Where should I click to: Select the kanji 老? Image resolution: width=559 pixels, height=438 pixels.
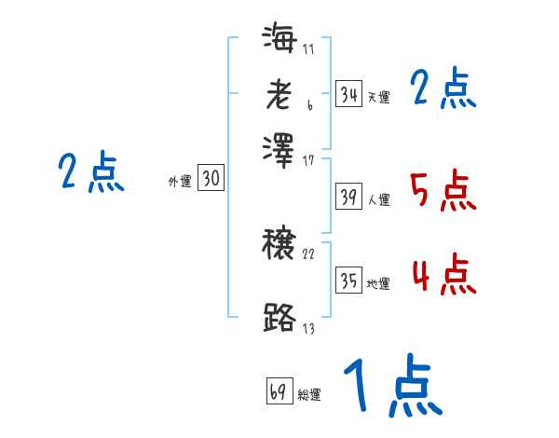(x=279, y=94)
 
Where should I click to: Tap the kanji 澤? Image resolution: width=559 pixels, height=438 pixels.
(x=279, y=146)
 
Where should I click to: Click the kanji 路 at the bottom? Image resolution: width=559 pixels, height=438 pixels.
(x=279, y=317)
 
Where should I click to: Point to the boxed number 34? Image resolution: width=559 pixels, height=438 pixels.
(x=348, y=93)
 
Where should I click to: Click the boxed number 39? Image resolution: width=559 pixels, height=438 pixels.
(x=348, y=197)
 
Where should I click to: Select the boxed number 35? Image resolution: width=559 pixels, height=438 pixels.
(x=348, y=281)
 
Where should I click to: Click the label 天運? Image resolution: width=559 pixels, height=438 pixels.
(x=378, y=97)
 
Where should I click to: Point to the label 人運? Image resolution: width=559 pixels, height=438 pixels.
(x=378, y=199)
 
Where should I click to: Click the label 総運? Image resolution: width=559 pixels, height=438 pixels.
(x=309, y=394)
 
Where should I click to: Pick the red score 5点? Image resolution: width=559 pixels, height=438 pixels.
(x=443, y=191)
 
